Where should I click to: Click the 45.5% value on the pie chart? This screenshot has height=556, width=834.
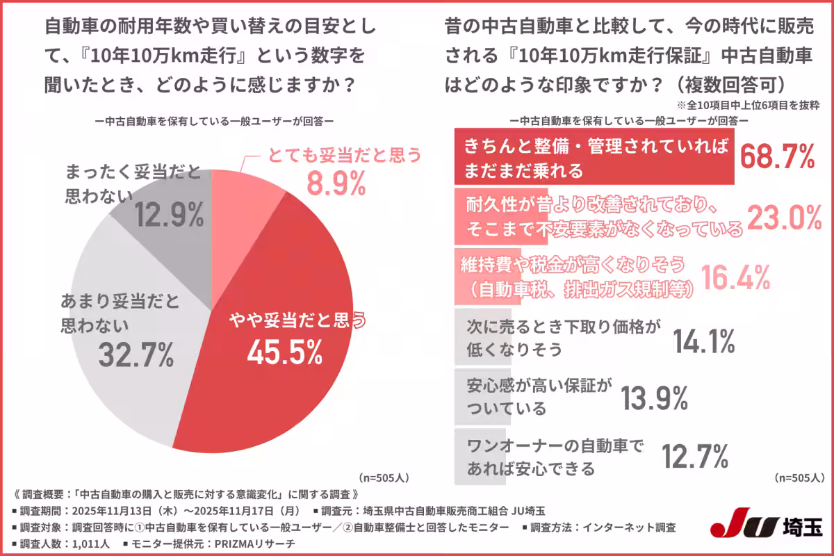(284, 353)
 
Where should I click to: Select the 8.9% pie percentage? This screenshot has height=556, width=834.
(336, 184)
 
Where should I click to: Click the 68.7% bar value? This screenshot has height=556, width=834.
(776, 157)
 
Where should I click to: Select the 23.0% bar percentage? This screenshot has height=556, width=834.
(784, 218)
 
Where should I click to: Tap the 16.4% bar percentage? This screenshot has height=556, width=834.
(735, 278)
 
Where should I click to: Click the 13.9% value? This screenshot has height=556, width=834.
(653, 398)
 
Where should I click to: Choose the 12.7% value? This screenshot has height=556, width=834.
(694, 457)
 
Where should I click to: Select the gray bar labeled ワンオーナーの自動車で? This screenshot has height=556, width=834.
(549, 457)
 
